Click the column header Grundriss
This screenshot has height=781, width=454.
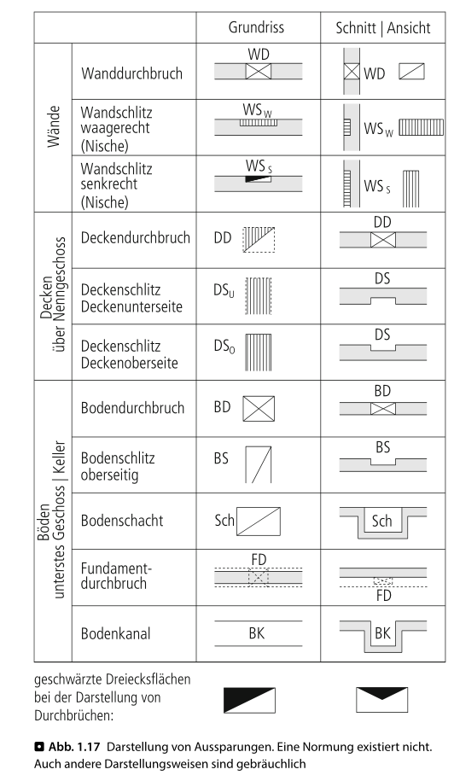pyautogui.click(x=256, y=27)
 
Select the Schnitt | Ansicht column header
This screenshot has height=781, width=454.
pyautogui.click(x=383, y=28)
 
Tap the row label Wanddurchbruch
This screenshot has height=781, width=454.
pyautogui.click(x=132, y=73)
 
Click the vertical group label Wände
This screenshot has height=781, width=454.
pyautogui.click(x=54, y=126)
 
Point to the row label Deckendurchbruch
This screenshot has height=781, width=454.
pyautogui.click(x=136, y=237)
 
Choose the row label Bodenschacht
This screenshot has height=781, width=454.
pyautogui.click(x=122, y=521)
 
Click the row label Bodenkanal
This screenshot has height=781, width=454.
pyautogui.click(x=115, y=633)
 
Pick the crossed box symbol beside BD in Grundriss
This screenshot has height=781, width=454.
pyautogui.click(x=259, y=409)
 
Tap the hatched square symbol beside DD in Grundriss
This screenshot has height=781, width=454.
pyautogui.click(x=259, y=240)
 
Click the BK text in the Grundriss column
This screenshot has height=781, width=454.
pyautogui.click(x=257, y=633)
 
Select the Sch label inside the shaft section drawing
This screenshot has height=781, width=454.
pyautogui.click(x=381, y=521)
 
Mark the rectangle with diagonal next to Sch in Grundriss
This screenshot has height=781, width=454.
pyautogui.click(x=259, y=522)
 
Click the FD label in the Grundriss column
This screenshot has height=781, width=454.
pyautogui.click(x=259, y=560)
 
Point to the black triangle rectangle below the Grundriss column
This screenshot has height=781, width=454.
pyautogui.click(x=249, y=700)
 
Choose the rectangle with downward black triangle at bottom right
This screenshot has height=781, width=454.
pyautogui.click(x=381, y=700)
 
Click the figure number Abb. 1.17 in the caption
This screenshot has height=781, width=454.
pyautogui.click(x=74, y=747)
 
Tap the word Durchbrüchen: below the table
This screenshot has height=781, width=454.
pyautogui.click(x=74, y=716)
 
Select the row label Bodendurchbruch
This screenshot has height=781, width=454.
pyautogui.click(x=132, y=408)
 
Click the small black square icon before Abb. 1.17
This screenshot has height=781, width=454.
pyautogui.click(x=39, y=747)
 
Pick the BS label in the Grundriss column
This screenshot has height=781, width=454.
pyautogui.click(x=221, y=458)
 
